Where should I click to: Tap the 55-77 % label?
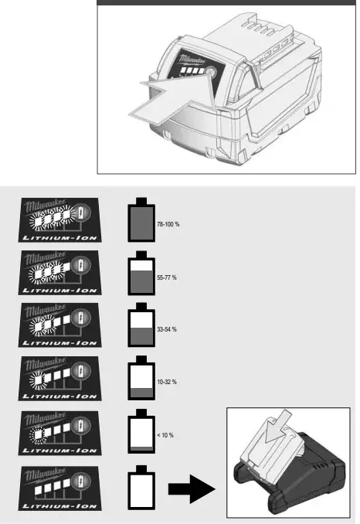(x=167, y=277)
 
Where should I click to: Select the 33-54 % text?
(x=167, y=329)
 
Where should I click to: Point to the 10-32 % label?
(x=167, y=383)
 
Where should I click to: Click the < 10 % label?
(x=165, y=436)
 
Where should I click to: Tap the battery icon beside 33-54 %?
(x=141, y=326)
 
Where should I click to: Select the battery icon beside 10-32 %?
(x=141, y=379)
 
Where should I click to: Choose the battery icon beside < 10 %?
(x=141, y=432)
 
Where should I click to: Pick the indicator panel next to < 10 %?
(x=58, y=432)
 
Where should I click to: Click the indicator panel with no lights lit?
(x=58, y=485)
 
